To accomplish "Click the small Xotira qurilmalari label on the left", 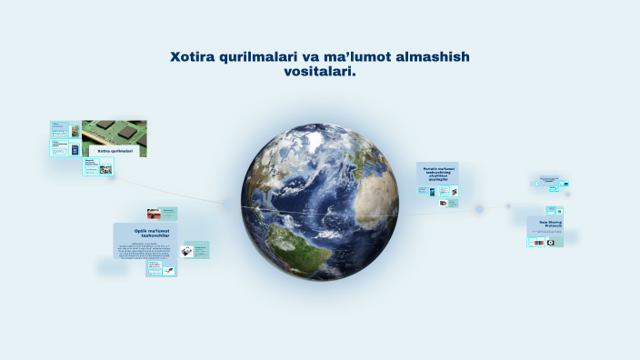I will [115, 151].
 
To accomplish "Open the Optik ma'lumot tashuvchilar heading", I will [145, 235].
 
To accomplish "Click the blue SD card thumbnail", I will [75, 149].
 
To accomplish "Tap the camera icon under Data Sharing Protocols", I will [551, 243].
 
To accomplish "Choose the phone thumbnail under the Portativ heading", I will [424, 192].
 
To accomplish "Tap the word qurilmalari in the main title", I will [269, 57].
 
